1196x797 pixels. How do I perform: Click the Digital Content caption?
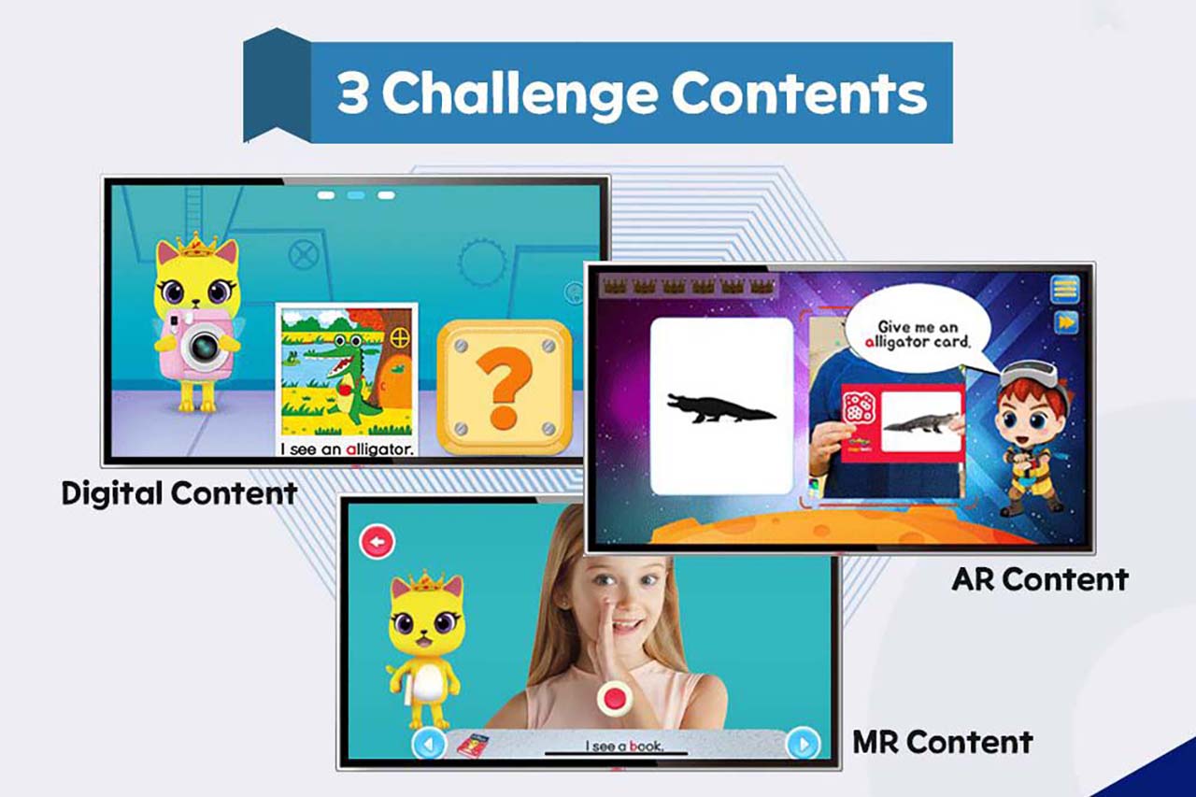(179, 493)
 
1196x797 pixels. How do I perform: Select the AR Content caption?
(1040, 579)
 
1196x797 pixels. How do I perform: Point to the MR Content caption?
(943, 743)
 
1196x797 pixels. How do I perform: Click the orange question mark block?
(505, 387)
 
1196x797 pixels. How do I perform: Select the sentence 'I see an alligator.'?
(348, 449)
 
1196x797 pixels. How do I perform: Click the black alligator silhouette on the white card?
(720, 408)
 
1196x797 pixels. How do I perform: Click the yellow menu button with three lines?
(1065, 290)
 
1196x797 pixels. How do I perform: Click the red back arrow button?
(377, 542)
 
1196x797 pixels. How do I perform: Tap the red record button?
(614, 698)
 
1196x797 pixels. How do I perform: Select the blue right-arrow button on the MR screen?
(804, 744)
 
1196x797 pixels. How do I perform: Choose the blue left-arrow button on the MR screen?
(429, 744)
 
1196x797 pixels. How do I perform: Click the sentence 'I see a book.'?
(624, 746)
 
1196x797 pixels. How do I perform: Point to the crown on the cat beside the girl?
(426, 582)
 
